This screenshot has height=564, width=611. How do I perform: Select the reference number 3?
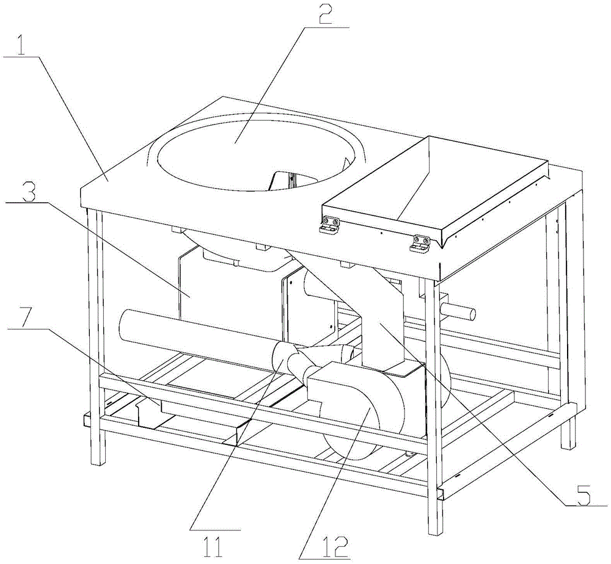(29, 191)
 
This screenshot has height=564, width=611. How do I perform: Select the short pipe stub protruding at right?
(460, 312)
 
